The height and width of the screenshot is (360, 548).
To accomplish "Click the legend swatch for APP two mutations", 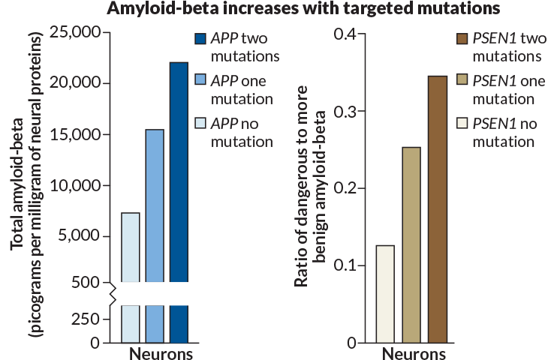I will point(200,38).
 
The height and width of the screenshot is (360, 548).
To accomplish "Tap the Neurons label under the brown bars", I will point(411,352).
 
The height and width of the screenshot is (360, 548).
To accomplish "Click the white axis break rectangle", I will point(158,293).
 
